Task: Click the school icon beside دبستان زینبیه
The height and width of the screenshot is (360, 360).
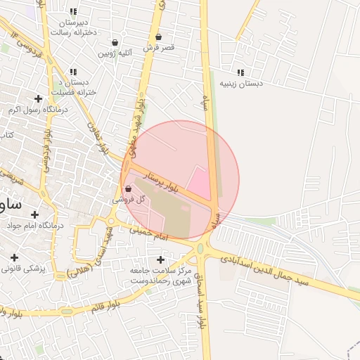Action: (241, 72)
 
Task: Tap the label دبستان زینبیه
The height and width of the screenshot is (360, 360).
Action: (241, 84)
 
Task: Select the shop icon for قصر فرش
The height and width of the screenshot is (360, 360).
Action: (158, 37)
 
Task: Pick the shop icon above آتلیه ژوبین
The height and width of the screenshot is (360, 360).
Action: (115, 43)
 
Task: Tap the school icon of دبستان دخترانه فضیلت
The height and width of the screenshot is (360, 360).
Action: (73, 72)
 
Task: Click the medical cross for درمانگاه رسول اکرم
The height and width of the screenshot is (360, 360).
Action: (37, 98)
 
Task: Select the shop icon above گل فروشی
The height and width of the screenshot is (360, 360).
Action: (128, 188)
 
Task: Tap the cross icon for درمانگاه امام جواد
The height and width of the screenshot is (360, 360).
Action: (34, 214)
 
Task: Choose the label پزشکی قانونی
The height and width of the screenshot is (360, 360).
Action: (23, 269)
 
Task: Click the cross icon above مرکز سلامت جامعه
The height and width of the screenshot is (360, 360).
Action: (161, 259)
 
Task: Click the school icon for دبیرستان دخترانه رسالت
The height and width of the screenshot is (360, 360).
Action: (73, 11)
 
